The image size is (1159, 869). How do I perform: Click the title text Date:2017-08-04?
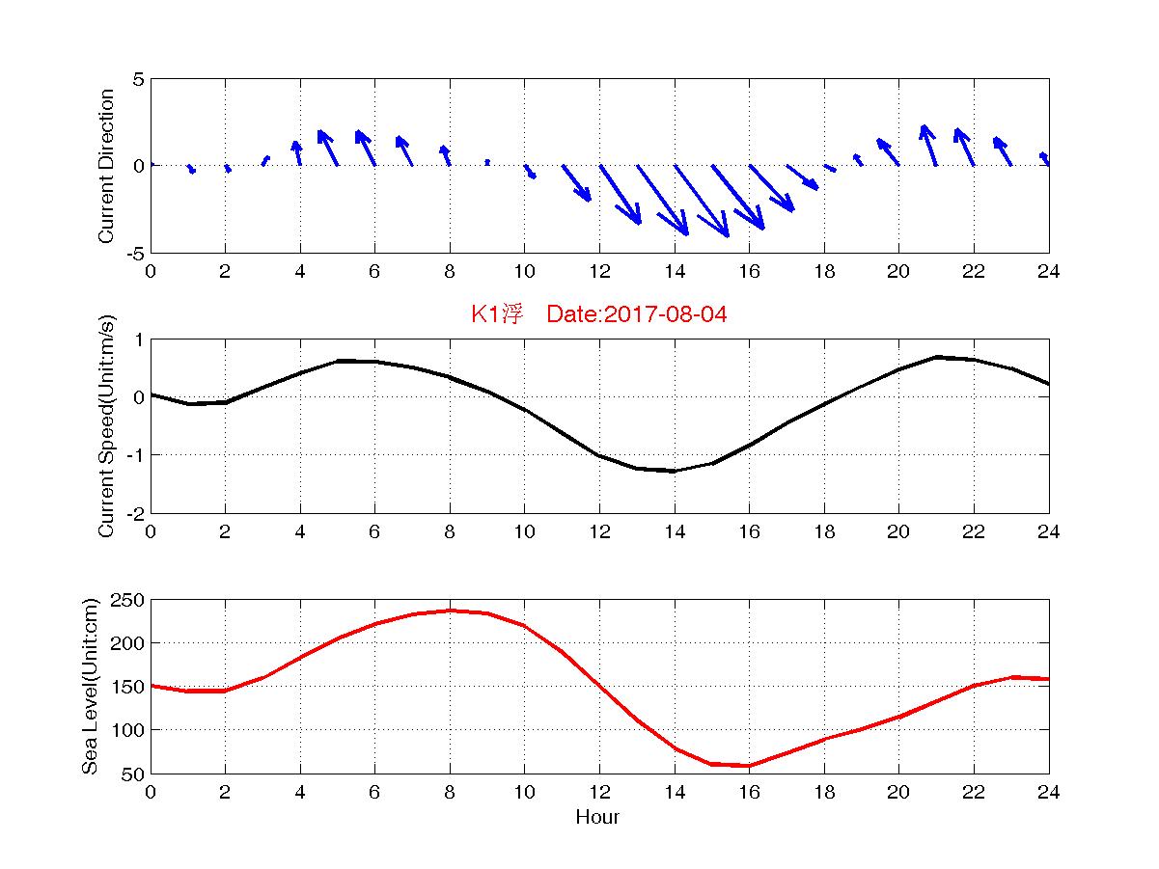pos(636,314)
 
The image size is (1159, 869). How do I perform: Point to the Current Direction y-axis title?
pos(106,166)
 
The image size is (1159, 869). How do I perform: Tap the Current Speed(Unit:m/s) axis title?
pos(107,425)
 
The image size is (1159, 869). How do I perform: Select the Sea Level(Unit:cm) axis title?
pos(91,686)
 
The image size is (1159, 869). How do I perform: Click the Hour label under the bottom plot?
pos(597,818)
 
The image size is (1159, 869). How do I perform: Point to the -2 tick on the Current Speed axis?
pos(134,512)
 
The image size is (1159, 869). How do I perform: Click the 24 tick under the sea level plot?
pos(1048,793)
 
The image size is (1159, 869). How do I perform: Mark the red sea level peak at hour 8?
pos(450,611)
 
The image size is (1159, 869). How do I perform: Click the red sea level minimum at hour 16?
pos(749,766)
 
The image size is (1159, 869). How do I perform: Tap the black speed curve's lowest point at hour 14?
pos(675,471)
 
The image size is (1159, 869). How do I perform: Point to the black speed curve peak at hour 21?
pos(936,357)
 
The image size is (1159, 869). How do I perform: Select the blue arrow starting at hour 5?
pos(328,149)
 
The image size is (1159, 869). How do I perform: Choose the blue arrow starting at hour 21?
pos(929,146)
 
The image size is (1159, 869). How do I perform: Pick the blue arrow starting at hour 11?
pos(576,183)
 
